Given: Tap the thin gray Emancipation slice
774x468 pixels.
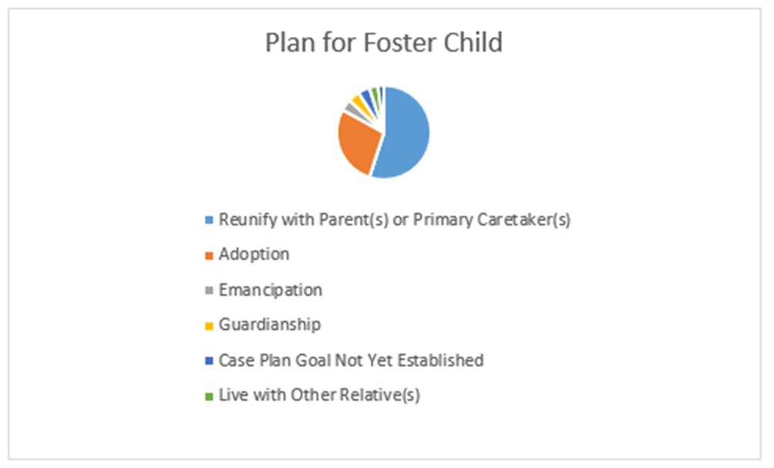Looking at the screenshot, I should [352, 109].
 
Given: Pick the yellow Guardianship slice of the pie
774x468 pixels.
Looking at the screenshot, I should [358, 102].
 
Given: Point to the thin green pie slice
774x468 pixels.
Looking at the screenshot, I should [375, 93].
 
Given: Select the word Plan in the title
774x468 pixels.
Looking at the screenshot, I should [286, 42].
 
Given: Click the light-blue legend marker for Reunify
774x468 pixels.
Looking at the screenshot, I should [208, 221].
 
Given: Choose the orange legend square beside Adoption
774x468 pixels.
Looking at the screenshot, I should [208, 256].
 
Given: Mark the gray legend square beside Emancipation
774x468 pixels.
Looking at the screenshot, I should [208, 291].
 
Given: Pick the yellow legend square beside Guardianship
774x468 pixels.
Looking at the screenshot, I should [208, 326].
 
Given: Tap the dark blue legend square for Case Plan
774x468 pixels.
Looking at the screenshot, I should [208, 362].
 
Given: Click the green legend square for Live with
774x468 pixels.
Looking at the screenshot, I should [208, 397].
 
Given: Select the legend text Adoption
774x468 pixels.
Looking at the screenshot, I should [254, 254].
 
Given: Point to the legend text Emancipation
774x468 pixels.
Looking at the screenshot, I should [270, 290].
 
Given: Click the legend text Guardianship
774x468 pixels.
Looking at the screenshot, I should [269, 325].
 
